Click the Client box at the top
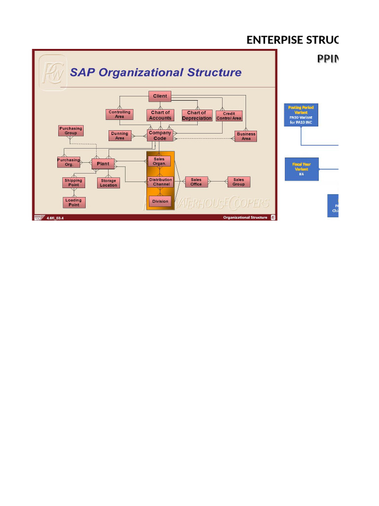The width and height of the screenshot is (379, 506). point(159,96)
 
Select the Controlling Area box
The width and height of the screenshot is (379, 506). point(119,114)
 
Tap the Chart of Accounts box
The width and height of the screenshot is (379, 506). point(160,115)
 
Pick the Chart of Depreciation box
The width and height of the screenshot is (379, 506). point(196,115)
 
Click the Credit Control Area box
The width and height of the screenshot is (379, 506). point(229,116)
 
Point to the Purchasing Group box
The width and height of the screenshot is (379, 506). point(71,131)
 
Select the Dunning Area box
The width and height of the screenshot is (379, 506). point(119,135)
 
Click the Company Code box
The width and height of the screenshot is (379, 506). point(160,135)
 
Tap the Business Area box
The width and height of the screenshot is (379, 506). point(246,136)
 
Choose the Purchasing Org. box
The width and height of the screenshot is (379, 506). point(69,162)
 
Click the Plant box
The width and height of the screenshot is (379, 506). point(103,164)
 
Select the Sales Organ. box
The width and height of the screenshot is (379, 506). point(159,161)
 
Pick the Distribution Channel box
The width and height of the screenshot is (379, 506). point(161,182)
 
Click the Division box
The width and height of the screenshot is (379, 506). point(160,201)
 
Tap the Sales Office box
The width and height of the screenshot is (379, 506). point(196,182)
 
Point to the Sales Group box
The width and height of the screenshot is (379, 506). point(238,182)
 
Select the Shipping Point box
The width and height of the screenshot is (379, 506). point(74,183)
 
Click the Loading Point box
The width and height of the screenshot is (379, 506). point(74,203)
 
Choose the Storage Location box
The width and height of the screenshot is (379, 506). point(109,183)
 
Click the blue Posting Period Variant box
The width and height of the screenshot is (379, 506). point(301,115)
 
